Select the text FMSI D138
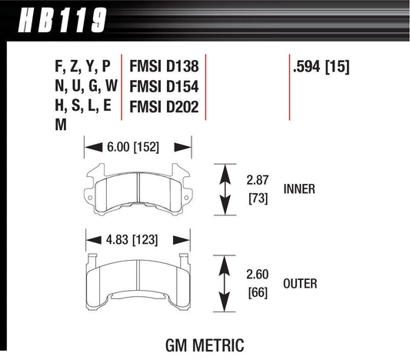tap(165, 67)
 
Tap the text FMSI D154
tap(165, 87)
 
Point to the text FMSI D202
tap(165, 108)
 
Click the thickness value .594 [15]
tap(322, 67)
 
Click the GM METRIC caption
tap(205, 338)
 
